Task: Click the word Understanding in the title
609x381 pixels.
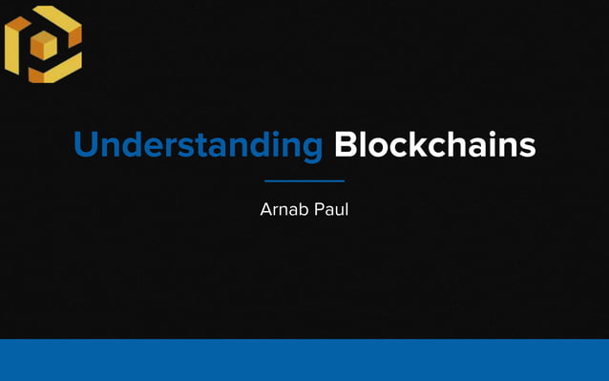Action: click(x=199, y=146)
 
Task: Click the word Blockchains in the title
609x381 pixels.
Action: click(x=434, y=146)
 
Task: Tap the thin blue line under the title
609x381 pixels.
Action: click(x=304, y=180)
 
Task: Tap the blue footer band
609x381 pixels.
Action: click(x=304, y=360)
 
